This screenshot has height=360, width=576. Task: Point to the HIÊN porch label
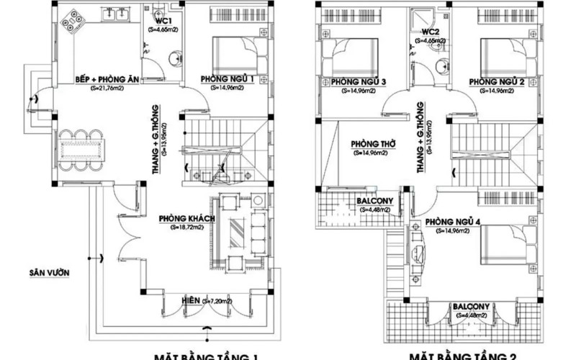191,298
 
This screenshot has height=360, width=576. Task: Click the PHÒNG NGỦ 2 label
496,82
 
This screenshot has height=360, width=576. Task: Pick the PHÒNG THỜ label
368,143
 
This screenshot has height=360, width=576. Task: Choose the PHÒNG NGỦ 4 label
453,221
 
